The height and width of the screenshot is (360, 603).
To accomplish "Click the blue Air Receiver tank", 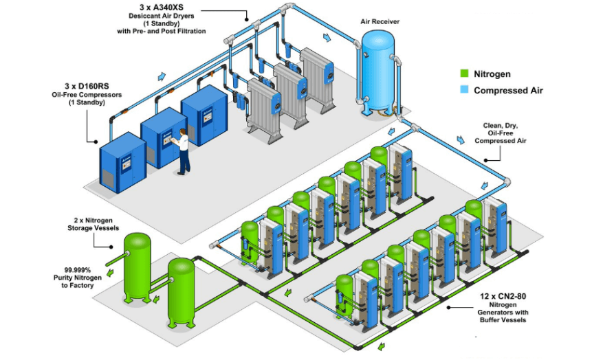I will [378, 69].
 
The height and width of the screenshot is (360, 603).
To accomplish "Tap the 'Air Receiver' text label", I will [380, 21].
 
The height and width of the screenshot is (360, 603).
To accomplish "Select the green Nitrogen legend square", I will [464, 74].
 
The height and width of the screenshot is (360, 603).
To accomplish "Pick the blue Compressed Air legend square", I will [464, 89].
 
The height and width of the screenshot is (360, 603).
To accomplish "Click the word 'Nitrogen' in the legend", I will [492, 74].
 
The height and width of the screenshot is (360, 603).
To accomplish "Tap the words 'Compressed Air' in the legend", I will [508, 90].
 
